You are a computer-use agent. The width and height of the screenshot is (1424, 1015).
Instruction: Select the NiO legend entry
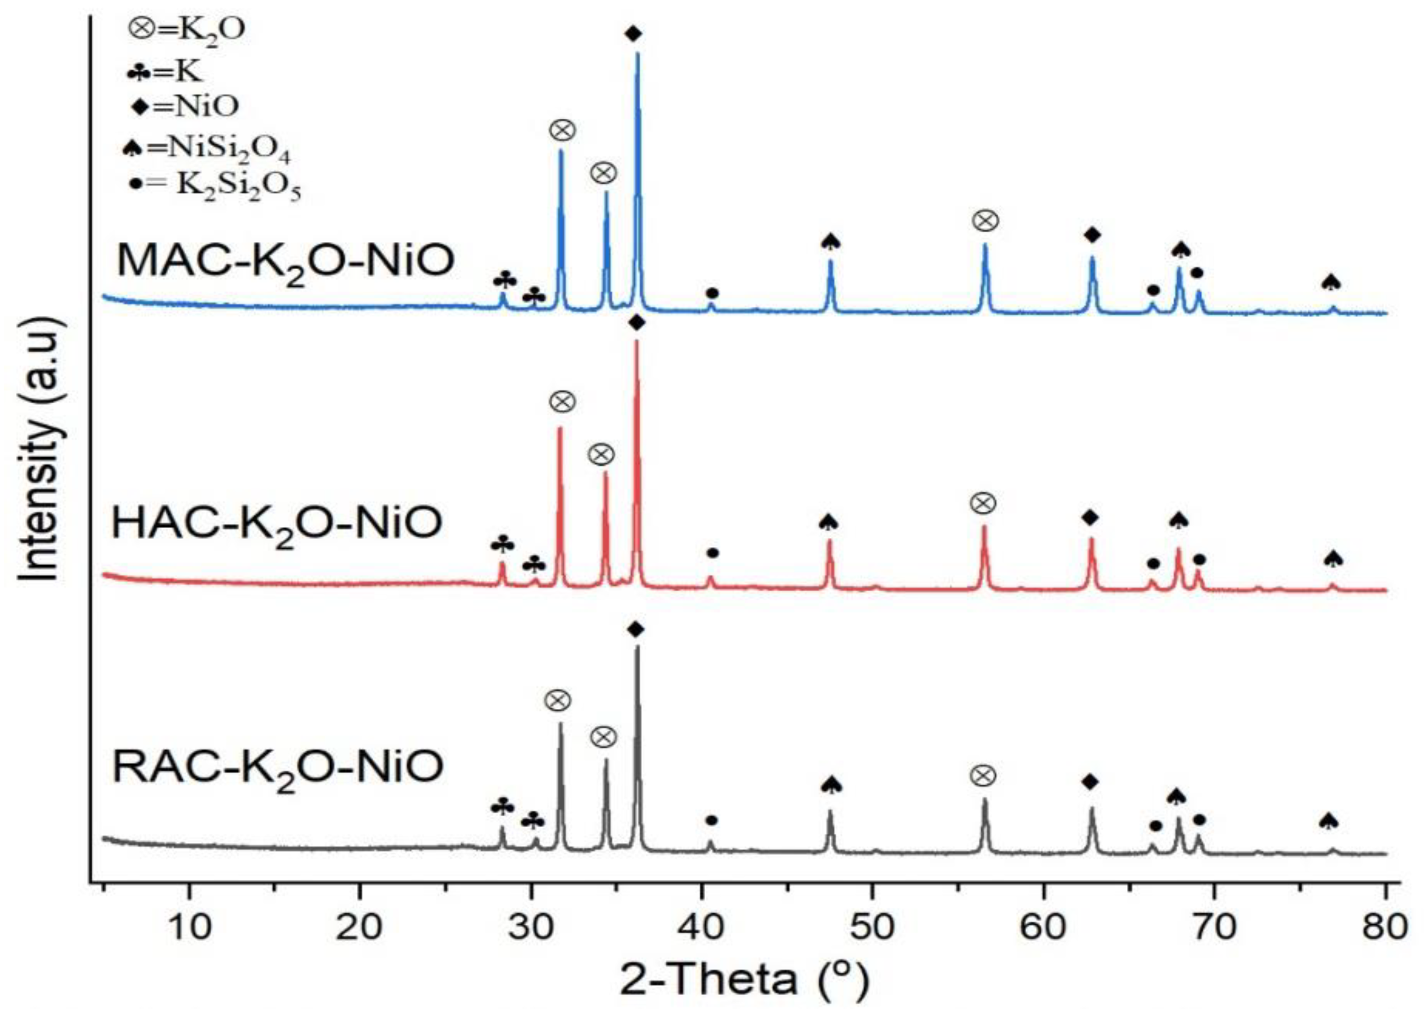(x=186, y=106)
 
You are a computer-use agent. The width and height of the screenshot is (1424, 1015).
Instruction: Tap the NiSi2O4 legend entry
(x=206, y=150)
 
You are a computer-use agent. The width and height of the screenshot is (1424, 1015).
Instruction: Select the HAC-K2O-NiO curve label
(x=276, y=524)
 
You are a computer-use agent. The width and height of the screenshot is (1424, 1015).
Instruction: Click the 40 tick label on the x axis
(x=701, y=928)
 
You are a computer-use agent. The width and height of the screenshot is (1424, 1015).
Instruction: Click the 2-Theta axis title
(x=744, y=980)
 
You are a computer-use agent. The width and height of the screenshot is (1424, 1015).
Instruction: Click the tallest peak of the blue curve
(x=637, y=55)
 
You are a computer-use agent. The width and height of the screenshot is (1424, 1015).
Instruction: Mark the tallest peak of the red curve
(x=636, y=342)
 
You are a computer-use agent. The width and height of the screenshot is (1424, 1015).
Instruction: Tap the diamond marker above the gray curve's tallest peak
(x=635, y=630)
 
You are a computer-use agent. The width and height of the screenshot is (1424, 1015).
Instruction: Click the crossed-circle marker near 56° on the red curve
(x=982, y=503)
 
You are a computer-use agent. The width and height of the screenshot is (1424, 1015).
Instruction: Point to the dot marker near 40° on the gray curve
(x=711, y=820)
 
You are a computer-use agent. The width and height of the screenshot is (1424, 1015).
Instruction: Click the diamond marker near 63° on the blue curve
(x=1092, y=235)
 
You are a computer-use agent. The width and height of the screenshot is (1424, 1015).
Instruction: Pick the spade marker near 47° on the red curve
(x=828, y=522)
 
